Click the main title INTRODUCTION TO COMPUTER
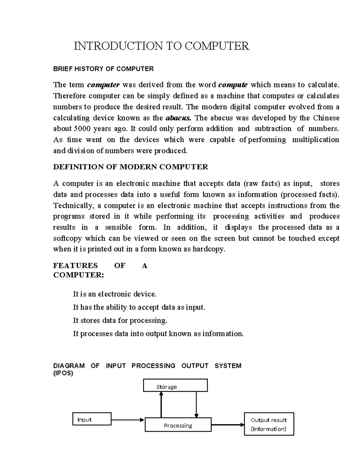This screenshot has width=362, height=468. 162,46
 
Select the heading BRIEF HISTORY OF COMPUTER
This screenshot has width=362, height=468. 103,69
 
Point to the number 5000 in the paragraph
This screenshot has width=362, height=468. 82,129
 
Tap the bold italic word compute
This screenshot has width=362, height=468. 233,85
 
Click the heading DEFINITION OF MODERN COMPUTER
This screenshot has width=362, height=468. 130,167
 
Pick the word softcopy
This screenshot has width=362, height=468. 67,238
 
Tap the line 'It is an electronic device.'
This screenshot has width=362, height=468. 115,294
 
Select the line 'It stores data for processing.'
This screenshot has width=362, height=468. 120,320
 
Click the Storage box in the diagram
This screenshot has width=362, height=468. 175,385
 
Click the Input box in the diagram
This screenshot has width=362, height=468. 92,419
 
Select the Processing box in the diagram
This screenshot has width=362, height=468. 178,425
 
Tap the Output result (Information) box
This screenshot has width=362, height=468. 269,424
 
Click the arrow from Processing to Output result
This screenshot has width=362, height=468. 228,425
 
